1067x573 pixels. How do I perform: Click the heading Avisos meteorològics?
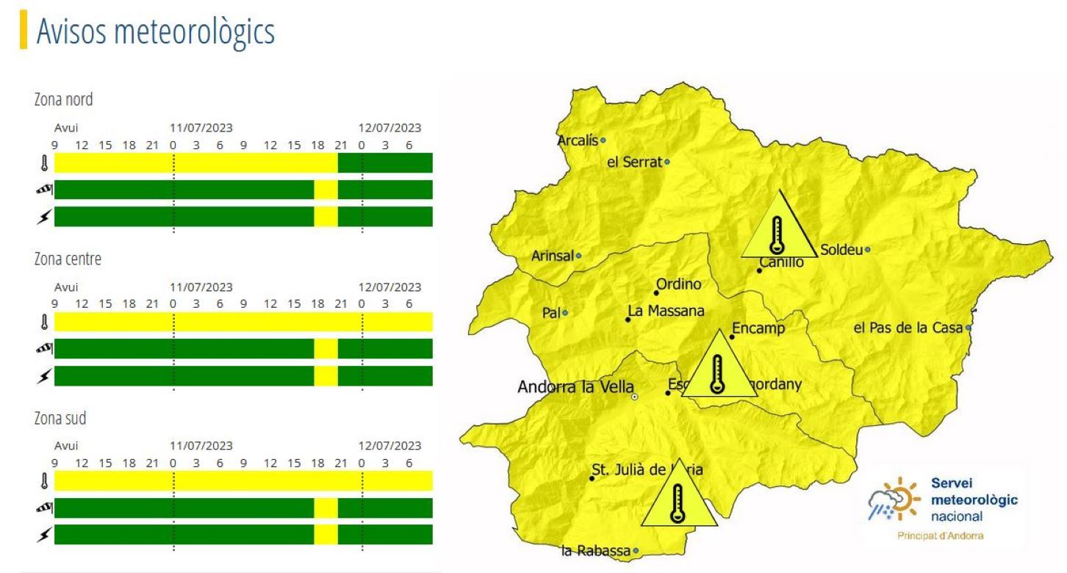click(x=155, y=32)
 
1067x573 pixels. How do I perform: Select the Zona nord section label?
click(x=63, y=99)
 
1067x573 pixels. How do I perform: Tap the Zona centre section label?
click(x=68, y=259)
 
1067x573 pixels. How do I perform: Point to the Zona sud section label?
click(x=60, y=418)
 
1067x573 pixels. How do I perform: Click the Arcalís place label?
click(x=578, y=140)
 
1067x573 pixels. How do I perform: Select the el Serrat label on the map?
click(x=634, y=162)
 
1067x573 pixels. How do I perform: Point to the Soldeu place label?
click(x=841, y=250)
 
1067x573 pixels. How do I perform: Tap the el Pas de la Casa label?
click(x=908, y=328)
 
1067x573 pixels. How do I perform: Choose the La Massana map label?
click(x=666, y=311)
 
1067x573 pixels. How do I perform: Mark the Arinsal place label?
click(x=552, y=256)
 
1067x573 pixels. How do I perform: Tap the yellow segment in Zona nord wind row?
click(x=326, y=190)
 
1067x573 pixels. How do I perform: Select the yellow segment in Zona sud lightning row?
click(x=326, y=534)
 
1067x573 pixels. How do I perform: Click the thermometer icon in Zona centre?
click(x=44, y=322)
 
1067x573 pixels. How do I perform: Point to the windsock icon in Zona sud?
click(x=44, y=508)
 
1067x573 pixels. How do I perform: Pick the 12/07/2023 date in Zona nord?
click(x=389, y=128)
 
